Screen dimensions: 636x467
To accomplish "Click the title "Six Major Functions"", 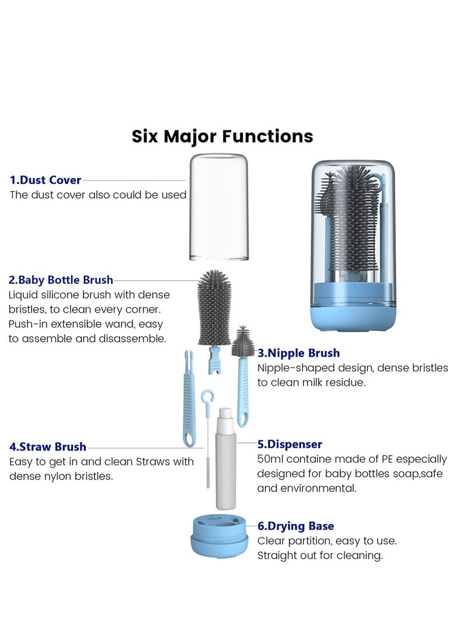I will (222, 136).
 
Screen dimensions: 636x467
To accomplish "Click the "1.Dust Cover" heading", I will (46, 180).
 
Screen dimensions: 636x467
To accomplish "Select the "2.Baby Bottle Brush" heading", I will (61, 280).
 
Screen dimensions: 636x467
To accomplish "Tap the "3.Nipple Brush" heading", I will (298, 353).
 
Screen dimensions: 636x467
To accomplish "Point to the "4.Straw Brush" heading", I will (48, 447).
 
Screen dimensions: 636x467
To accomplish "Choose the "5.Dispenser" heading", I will (290, 445).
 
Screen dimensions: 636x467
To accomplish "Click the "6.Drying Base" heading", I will (295, 526).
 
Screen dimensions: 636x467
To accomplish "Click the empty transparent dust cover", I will (219, 207).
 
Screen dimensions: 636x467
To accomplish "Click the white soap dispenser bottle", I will (226, 461).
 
